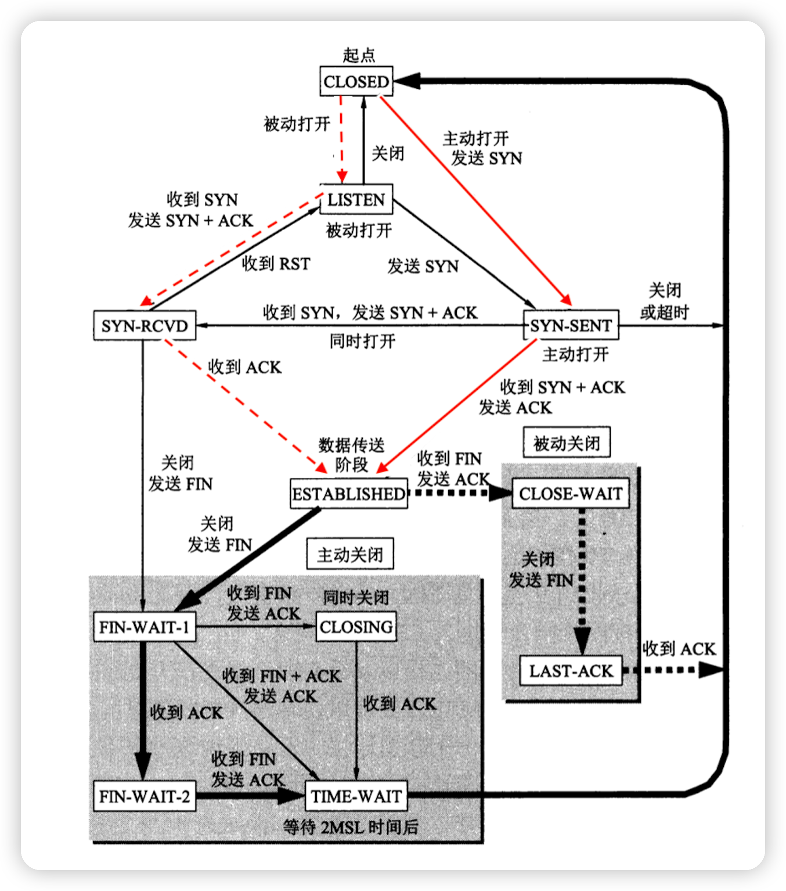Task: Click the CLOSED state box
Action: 356,81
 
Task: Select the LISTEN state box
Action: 356,200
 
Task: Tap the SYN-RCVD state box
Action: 145,325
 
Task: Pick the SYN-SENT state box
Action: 571,325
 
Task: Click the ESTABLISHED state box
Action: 349,494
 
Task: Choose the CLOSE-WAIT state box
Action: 571,494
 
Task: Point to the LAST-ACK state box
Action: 571,671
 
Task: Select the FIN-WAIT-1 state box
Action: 145,627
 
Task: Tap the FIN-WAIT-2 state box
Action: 145,796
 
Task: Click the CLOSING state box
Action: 356,627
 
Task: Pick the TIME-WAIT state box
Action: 356,796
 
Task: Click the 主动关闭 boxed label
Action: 350,555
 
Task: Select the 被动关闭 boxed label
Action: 567,443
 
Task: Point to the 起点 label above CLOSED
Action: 359,56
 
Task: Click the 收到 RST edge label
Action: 276,264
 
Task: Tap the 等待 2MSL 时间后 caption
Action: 351,827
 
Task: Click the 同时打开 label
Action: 362,341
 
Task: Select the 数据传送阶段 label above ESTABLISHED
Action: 352,455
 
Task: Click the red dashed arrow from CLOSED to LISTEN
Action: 342,139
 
